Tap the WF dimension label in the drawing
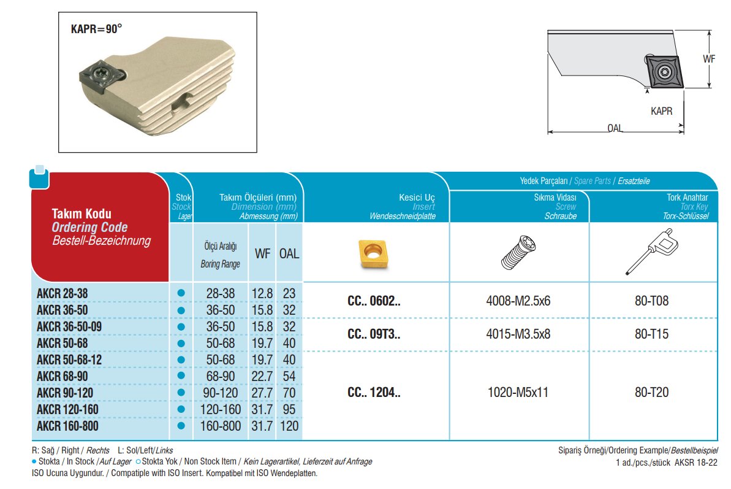coord(709,59)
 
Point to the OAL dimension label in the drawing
coord(615,129)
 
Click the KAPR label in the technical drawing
coord(661,112)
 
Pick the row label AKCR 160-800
coord(67,425)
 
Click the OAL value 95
coord(289,409)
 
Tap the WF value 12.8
coord(262,294)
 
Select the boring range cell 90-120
coord(221,392)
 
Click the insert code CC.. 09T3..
coord(374,334)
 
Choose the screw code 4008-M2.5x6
coord(519,302)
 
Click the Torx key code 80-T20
coord(652,393)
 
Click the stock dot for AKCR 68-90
coord(181,375)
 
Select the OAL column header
coord(289,253)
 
